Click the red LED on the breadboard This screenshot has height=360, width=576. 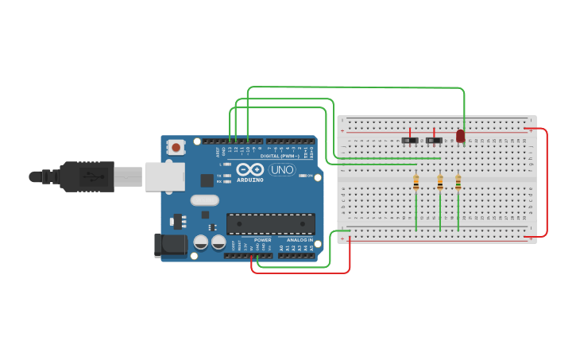[460, 136]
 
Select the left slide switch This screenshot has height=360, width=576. [410, 141]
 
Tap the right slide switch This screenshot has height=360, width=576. [434, 141]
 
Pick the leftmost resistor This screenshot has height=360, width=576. [416, 183]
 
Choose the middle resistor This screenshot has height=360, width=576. [440, 183]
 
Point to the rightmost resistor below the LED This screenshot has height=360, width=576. [458, 183]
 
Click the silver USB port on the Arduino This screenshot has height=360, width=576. [164, 176]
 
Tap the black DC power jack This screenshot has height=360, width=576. [170, 245]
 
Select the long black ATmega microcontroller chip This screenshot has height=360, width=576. [270, 224]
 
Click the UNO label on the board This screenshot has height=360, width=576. [281, 169]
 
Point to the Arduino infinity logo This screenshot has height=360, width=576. [249, 169]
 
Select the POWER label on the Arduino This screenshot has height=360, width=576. [262, 239]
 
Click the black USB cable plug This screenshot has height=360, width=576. [87, 176]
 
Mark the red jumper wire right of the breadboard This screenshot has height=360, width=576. [547, 183]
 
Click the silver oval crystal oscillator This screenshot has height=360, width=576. [204, 200]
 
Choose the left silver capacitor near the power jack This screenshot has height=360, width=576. [201, 241]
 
